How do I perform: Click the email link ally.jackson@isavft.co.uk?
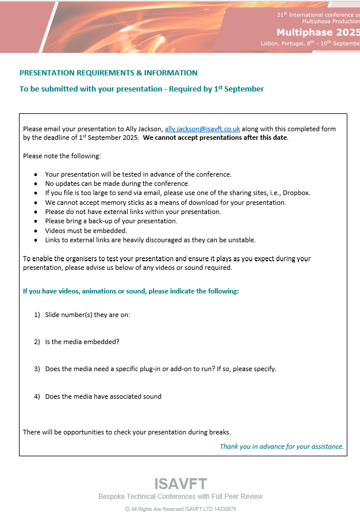pos(202,129)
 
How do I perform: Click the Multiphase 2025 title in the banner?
pos(317,32)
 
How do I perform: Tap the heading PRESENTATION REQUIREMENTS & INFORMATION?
pos(108,73)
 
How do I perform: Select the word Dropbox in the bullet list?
pos(296,193)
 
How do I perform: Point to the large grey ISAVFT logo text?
pos(180,484)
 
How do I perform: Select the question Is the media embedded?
pos(82,342)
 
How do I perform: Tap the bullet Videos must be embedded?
pos(86,230)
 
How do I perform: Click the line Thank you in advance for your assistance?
pos(282,447)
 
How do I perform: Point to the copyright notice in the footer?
pos(180,509)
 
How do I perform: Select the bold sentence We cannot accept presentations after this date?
pos(215,138)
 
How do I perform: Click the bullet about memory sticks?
pos(165,202)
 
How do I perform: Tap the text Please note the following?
pos(62,156)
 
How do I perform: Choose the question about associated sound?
pos(103,396)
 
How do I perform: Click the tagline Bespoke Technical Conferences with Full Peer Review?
pos(180,497)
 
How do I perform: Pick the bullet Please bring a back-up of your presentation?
pos(111,221)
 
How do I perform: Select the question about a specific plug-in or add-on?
pos(160,369)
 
